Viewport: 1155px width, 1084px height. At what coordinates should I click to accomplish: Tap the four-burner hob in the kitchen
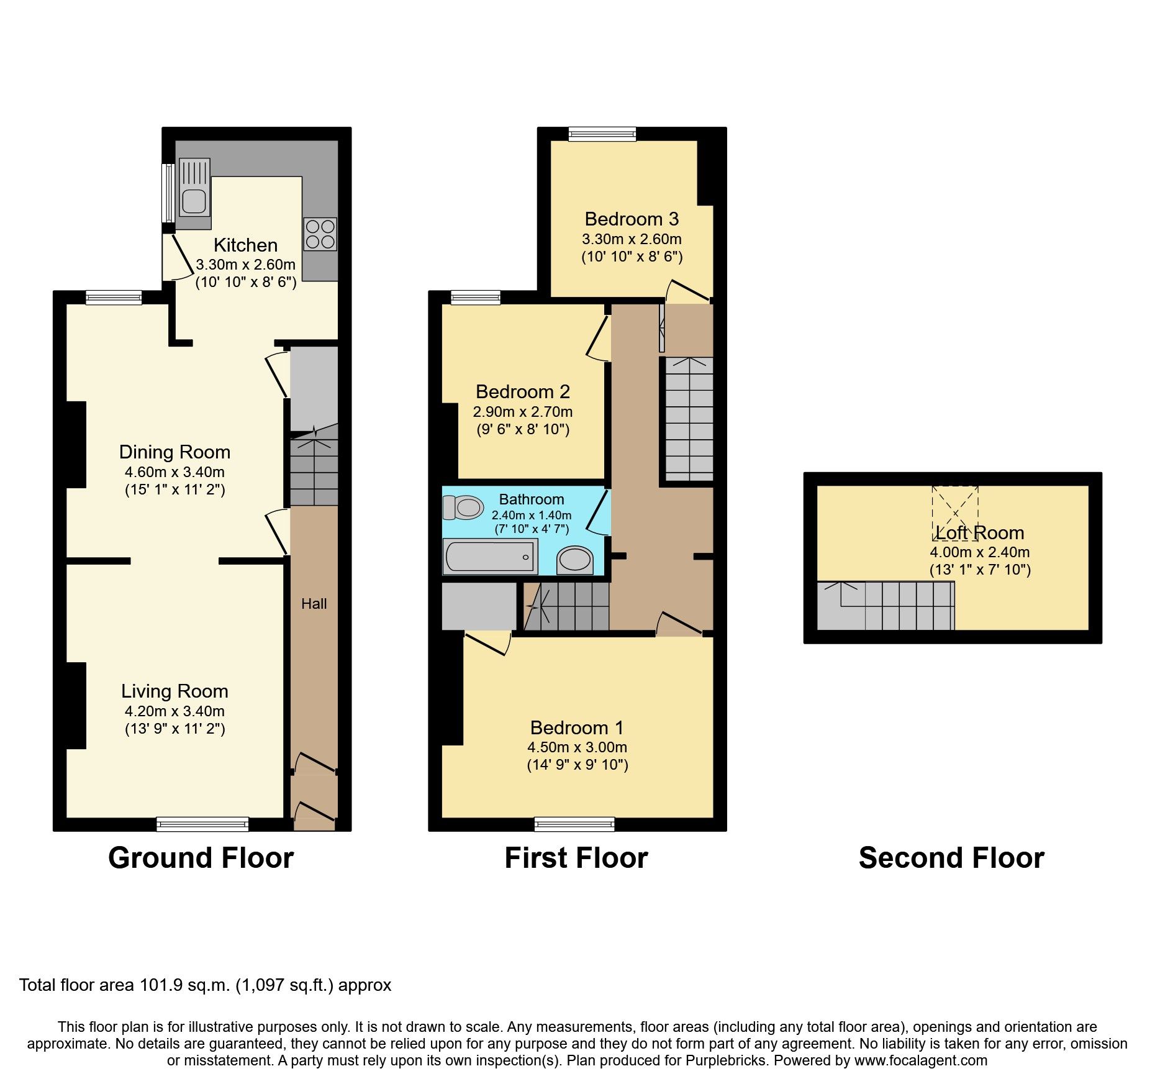pyautogui.click(x=320, y=234)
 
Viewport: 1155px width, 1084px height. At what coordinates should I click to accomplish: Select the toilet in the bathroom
pyautogui.click(x=463, y=508)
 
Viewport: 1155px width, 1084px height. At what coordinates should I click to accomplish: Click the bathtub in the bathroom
pyautogui.click(x=490, y=557)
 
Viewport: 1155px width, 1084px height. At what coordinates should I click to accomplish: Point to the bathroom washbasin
pyautogui.click(x=575, y=560)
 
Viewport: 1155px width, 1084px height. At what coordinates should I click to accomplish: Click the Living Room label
pyautogui.click(x=174, y=691)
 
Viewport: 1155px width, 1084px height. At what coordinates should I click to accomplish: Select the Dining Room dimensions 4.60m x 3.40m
pyautogui.click(x=174, y=472)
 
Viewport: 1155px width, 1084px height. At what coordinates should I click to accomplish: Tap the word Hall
pyautogui.click(x=314, y=604)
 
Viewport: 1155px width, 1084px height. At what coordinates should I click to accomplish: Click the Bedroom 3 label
pyautogui.click(x=632, y=219)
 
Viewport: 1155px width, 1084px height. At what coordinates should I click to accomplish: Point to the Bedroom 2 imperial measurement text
pyautogui.click(x=523, y=429)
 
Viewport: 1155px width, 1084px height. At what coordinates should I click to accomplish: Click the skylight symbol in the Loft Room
pyautogui.click(x=955, y=513)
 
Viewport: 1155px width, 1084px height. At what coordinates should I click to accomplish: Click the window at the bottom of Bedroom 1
pyautogui.click(x=574, y=825)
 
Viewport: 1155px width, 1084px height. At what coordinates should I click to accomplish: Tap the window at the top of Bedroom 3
pyautogui.click(x=602, y=134)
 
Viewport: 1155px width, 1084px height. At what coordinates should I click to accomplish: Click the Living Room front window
pyautogui.click(x=202, y=825)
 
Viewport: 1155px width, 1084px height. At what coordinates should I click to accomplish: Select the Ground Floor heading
pyautogui.click(x=201, y=858)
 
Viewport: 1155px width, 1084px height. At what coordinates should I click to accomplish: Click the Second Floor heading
pyautogui.click(x=951, y=858)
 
